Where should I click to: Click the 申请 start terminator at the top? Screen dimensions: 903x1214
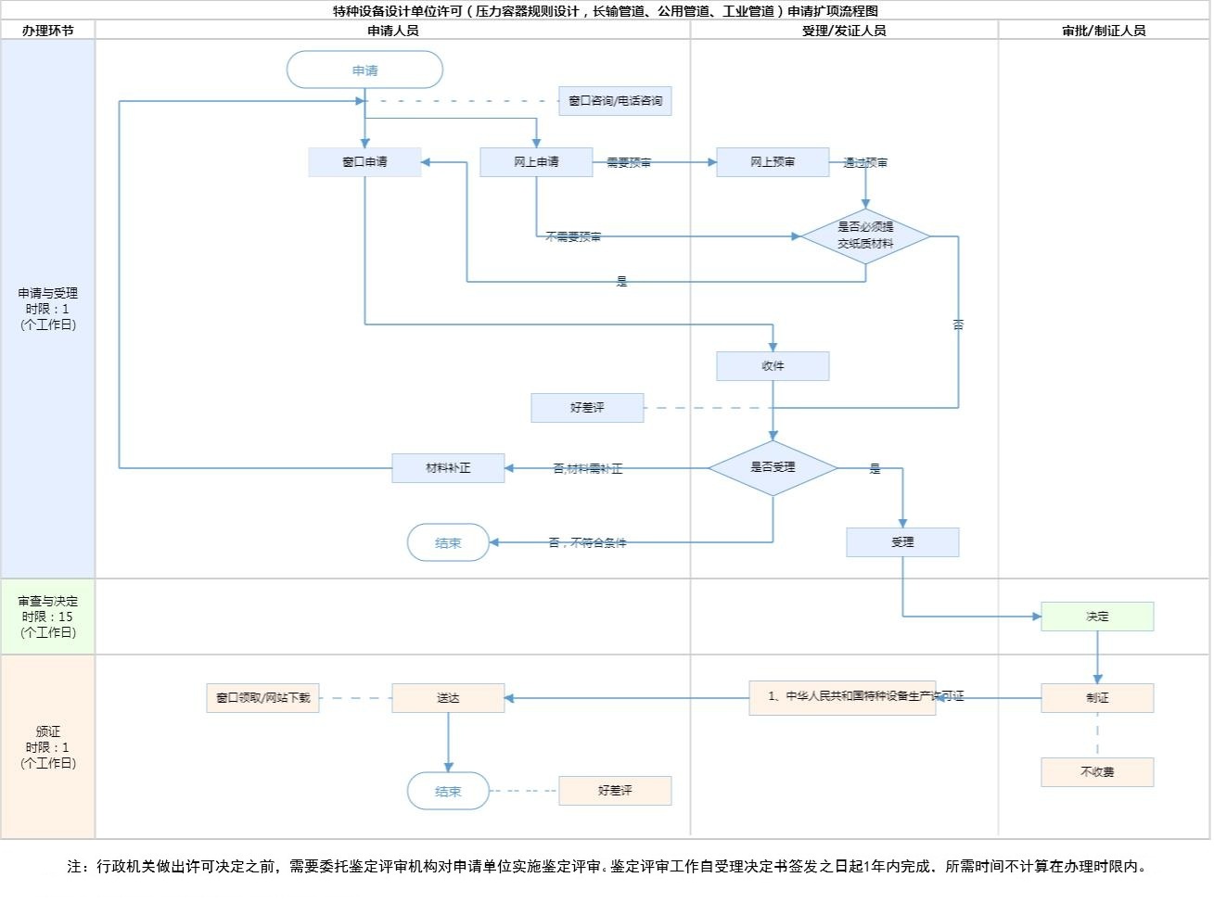click(364, 70)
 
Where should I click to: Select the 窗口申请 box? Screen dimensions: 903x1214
click(364, 162)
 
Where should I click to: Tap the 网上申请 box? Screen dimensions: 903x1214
click(536, 162)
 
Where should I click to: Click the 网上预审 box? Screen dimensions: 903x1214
click(773, 162)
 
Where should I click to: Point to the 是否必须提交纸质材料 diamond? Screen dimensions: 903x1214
click(865, 236)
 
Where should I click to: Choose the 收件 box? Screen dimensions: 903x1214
click(773, 366)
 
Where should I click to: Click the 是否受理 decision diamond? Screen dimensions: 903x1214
click(773, 467)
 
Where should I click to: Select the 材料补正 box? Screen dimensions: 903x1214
click(448, 468)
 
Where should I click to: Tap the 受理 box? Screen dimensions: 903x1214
click(902, 542)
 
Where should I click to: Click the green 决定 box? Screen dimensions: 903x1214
click(1097, 617)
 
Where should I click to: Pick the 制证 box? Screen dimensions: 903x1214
click(1097, 698)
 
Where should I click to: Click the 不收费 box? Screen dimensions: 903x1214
click(1097, 772)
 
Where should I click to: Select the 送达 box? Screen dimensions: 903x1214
click(448, 698)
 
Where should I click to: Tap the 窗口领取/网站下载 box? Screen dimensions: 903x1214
click(262, 698)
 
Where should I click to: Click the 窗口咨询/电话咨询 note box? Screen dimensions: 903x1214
click(615, 101)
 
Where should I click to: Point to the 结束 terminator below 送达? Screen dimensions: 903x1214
click(448, 792)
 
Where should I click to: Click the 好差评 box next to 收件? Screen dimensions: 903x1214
click(587, 408)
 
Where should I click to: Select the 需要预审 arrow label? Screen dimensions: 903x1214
click(629, 163)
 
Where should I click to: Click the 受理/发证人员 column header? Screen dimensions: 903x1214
click(844, 31)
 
